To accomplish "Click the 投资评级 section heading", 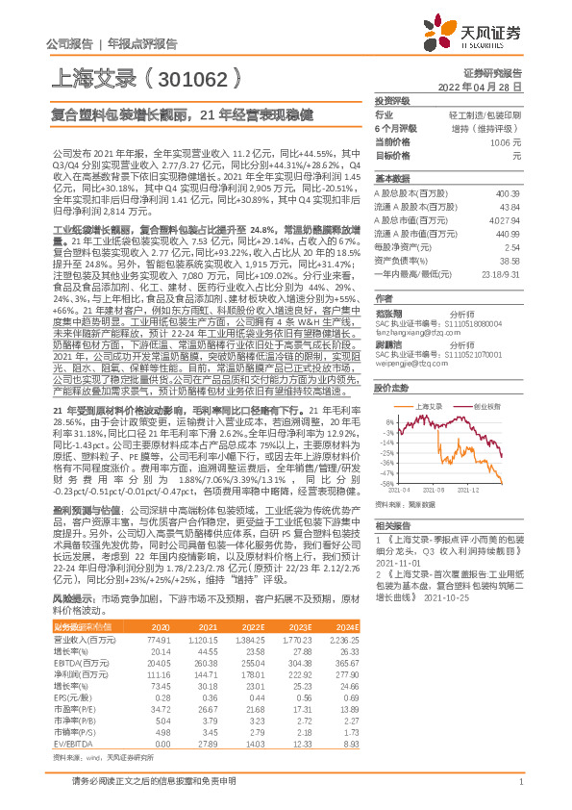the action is point(392,100).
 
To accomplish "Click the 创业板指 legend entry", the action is point(485,407).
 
